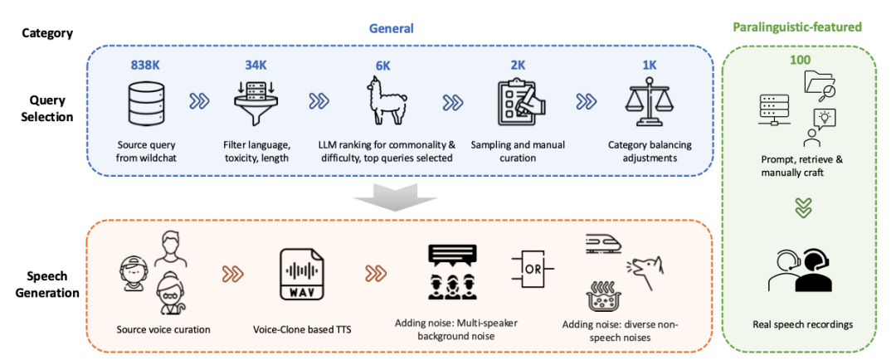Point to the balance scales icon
[646, 103]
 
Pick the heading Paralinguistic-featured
[796, 27]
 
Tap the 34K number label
[254, 65]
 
